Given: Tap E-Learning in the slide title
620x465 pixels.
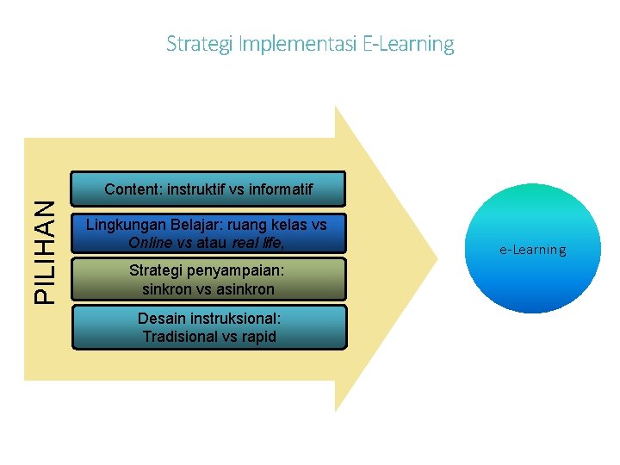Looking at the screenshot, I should tap(408, 43).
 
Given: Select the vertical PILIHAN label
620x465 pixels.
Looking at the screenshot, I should tap(47, 251).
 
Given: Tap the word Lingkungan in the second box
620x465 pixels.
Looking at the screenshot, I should tap(125, 225).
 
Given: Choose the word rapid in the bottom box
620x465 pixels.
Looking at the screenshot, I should tap(258, 337).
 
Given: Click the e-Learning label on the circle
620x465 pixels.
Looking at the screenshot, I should tap(533, 250).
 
